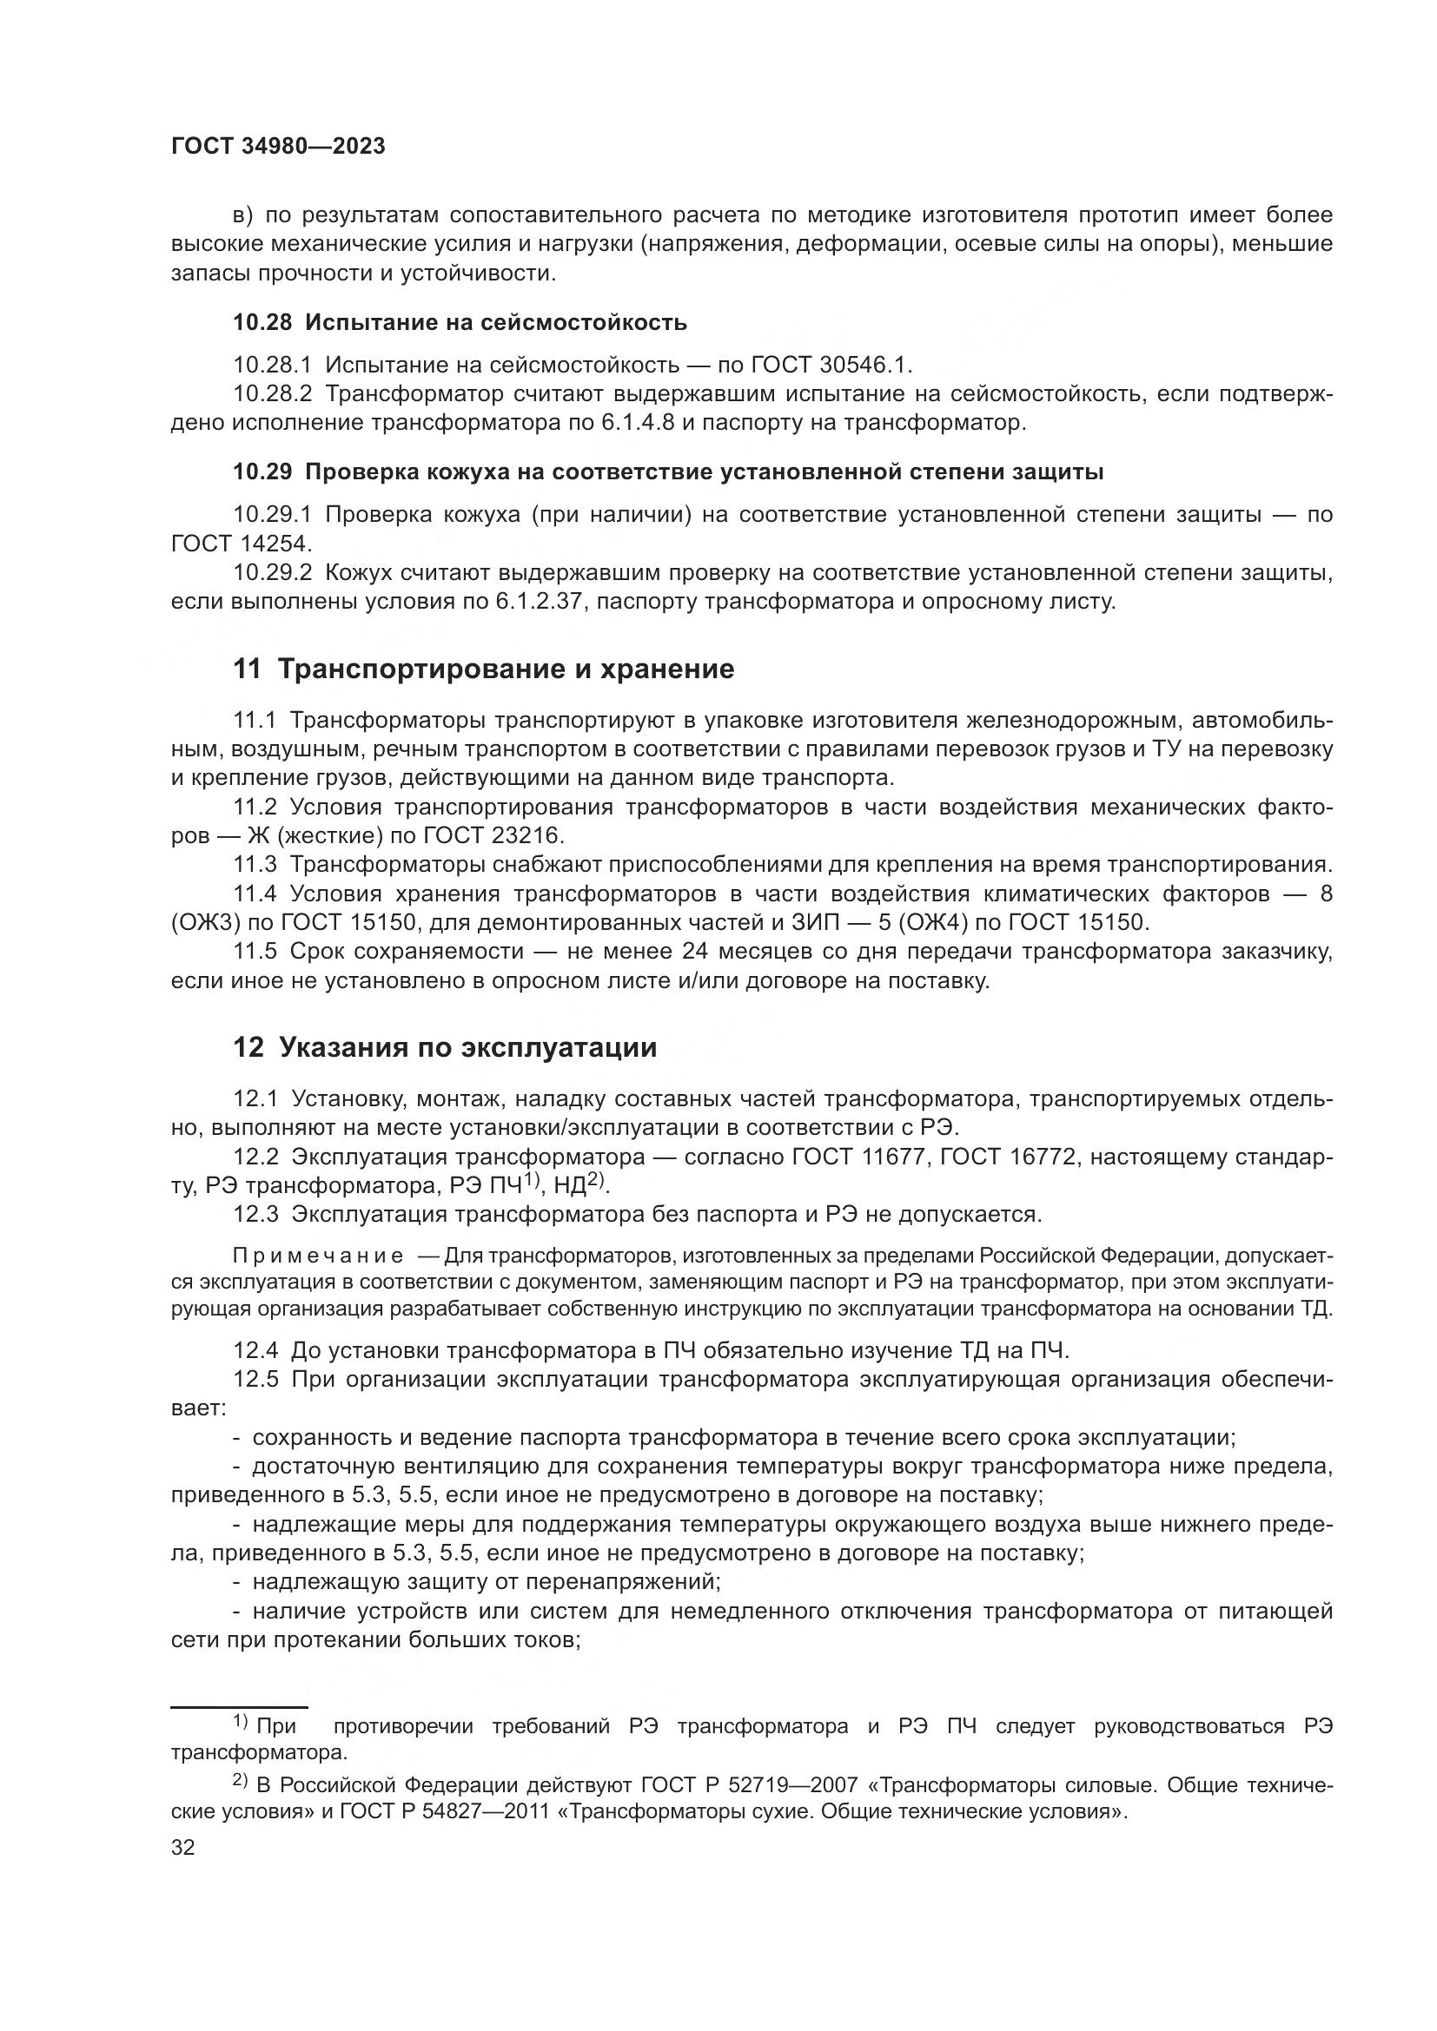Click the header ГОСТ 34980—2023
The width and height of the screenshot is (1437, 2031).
(x=278, y=147)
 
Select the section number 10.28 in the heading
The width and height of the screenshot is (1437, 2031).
(x=262, y=322)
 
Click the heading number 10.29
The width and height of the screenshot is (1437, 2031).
(x=262, y=472)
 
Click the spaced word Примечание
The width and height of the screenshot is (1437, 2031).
(x=318, y=1256)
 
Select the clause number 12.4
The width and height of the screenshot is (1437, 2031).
(x=255, y=1351)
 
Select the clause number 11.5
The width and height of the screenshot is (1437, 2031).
(x=255, y=952)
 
